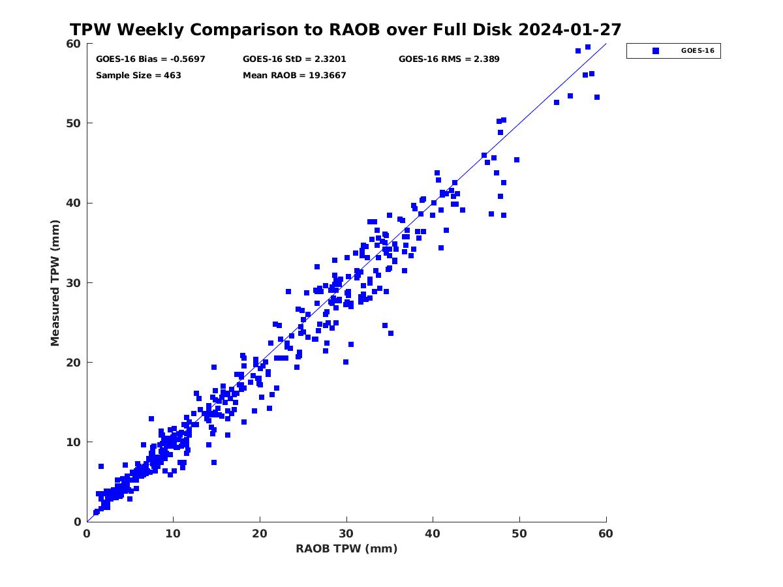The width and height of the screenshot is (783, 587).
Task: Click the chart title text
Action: (x=345, y=29)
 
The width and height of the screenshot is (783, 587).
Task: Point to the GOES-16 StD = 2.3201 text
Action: (x=294, y=59)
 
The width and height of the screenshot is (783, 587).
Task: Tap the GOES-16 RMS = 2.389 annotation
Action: (x=449, y=59)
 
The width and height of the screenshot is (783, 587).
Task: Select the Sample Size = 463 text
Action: (x=138, y=75)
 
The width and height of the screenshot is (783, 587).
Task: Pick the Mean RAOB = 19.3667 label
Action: (x=294, y=75)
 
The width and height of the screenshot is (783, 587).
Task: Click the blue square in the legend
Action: (x=656, y=50)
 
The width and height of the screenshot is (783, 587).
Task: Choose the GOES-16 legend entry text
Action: (x=697, y=50)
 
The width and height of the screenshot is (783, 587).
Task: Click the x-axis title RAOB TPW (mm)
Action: (x=346, y=549)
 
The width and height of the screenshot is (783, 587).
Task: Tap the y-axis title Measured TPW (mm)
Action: (x=55, y=282)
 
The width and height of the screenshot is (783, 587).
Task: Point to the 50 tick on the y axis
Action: (x=74, y=123)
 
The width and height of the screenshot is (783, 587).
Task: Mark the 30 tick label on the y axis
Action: (x=74, y=282)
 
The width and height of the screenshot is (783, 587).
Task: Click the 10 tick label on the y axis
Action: (x=74, y=442)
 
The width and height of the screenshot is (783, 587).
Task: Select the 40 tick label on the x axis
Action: (x=433, y=534)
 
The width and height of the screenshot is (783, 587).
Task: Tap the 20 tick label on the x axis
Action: (x=260, y=534)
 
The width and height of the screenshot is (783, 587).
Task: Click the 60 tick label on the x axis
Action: (x=606, y=534)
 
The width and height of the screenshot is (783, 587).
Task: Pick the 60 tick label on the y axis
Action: (x=74, y=44)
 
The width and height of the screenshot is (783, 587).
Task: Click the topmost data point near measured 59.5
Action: (x=588, y=47)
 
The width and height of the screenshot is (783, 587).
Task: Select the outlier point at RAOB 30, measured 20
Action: (x=346, y=362)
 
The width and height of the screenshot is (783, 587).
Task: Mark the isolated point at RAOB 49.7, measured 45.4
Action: (x=517, y=160)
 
